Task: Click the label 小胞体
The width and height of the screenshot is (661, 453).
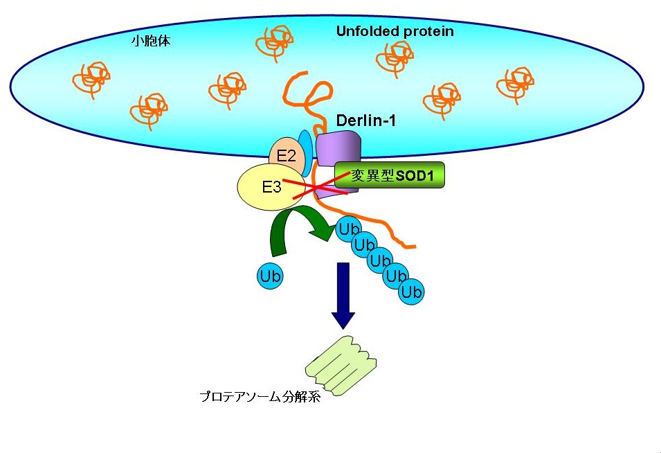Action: point(151,42)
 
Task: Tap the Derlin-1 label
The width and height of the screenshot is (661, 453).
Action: point(366,121)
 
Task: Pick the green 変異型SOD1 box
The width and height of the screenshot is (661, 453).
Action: point(389,175)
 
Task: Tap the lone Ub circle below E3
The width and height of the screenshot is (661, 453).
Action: point(269,276)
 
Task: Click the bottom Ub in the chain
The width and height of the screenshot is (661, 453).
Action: point(411,292)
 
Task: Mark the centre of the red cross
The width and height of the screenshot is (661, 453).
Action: point(316,187)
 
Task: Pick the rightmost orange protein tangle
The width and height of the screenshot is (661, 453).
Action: point(516,82)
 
